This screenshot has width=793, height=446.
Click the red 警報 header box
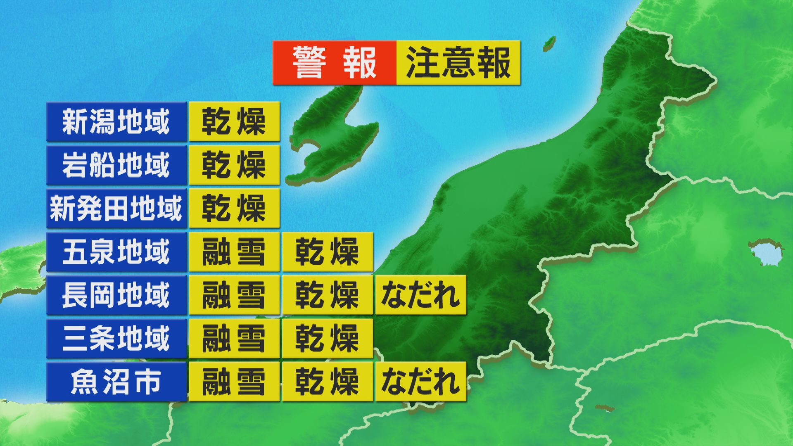coord(335,63)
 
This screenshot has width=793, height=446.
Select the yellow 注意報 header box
coord(458,63)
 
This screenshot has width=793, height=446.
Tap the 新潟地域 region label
coord(116,122)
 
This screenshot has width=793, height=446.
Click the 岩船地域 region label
coord(116,165)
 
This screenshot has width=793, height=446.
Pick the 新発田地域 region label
coord(116,209)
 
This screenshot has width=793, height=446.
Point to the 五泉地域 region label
coord(116,252)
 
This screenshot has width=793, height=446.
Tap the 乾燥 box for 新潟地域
coord(234,122)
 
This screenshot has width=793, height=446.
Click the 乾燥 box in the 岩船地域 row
coord(234,165)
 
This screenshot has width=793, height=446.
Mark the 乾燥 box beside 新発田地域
coord(234,209)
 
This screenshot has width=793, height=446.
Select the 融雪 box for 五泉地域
coord(234,252)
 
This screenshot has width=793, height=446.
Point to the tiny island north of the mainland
coord(549,43)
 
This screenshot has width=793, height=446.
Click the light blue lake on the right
coord(766,252)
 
